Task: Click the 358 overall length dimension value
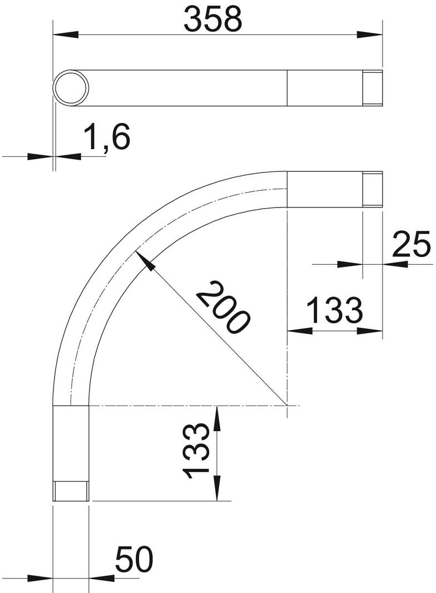pos(214,19)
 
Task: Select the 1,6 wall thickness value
pos(107,138)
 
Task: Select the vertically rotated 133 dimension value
pos(195,451)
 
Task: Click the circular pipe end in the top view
pos(71,88)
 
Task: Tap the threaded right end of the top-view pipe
pos(373,88)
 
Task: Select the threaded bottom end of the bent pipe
pos(71,491)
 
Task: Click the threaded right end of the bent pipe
pos(373,190)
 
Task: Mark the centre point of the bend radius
pos(287,406)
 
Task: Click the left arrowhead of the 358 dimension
pos(65,34)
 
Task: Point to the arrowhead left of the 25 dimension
pos(350,264)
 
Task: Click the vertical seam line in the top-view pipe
pos(287,88)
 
